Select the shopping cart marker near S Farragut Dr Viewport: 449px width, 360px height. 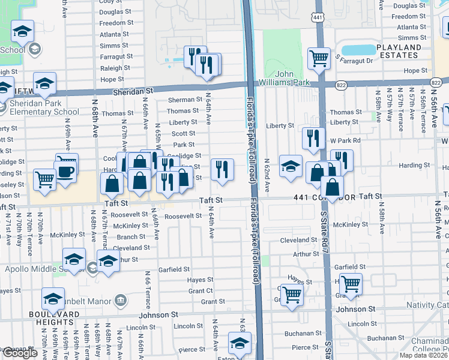(319, 58)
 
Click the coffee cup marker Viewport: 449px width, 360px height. (65, 171)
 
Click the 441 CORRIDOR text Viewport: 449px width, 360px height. (324, 197)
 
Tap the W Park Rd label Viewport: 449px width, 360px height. (344, 140)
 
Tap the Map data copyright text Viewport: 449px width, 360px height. (422, 355)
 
